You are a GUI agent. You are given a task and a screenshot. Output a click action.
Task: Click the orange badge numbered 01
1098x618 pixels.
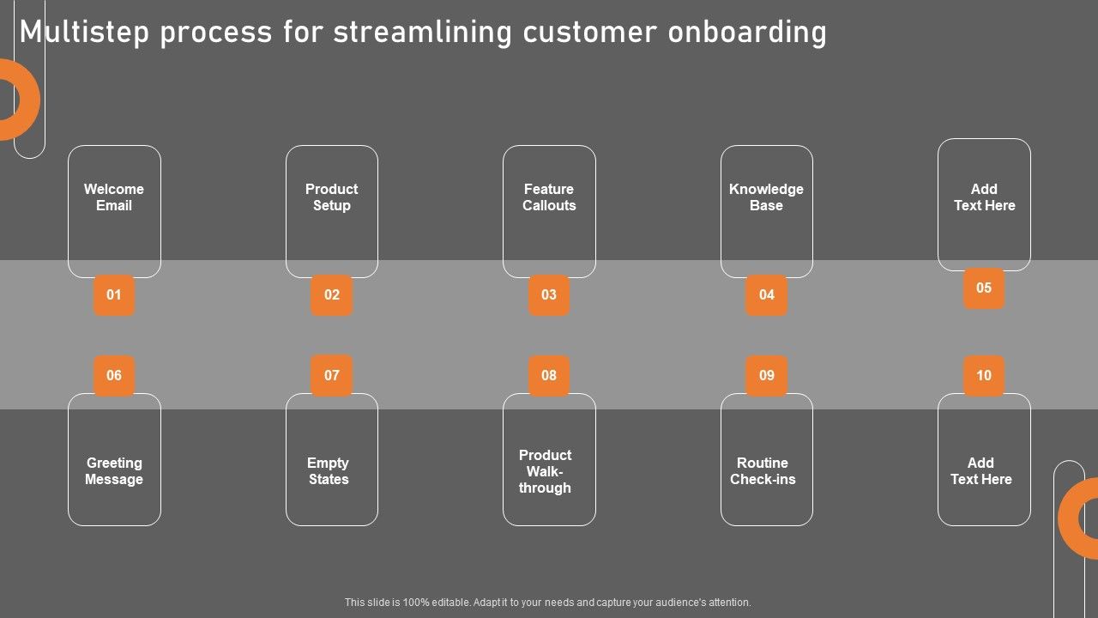click(x=114, y=294)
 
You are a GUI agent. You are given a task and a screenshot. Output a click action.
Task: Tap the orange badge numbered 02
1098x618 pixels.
click(x=331, y=294)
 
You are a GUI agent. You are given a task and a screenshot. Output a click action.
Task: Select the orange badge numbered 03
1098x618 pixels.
click(x=549, y=294)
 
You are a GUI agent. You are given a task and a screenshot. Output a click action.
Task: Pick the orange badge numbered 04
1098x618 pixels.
click(x=767, y=294)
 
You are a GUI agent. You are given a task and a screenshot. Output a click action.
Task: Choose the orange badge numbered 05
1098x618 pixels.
click(x=984, y=288)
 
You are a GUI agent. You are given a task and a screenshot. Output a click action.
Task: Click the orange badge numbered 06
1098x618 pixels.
click(x=114, y=375)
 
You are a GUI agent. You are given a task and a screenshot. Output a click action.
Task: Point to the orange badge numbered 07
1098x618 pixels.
click(x=331, y=375)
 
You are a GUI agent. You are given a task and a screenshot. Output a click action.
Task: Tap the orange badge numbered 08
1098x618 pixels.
click(x=549, y=375)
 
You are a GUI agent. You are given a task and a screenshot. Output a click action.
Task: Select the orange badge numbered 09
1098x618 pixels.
click(x=767, y=375)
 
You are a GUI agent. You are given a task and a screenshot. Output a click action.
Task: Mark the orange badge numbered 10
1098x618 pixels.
click(x=984, y=375)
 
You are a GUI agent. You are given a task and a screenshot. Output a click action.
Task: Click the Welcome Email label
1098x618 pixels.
click(x=114, y=197)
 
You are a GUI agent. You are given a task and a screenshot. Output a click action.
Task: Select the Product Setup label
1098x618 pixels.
click(x=331, y=197)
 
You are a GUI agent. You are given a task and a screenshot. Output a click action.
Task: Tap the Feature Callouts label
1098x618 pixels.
click(x=549, y=197)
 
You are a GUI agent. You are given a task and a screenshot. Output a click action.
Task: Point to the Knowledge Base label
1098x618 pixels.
click(x=766, y=197)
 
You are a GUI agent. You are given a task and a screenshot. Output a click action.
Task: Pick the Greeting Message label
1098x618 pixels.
click(x=114, y=471)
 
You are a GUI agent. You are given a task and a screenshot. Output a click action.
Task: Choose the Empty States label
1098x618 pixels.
click(x=328, y=471)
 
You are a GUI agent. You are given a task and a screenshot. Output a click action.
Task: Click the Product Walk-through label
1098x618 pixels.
click(x=545, y=471)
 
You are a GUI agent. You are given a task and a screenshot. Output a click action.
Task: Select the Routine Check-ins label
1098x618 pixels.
click(x=763, y=471)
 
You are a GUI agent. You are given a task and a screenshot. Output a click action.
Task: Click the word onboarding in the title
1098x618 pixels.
click(x=747, y=33)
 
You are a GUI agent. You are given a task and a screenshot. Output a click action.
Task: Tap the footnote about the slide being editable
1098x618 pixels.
click(x=547, y=603)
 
